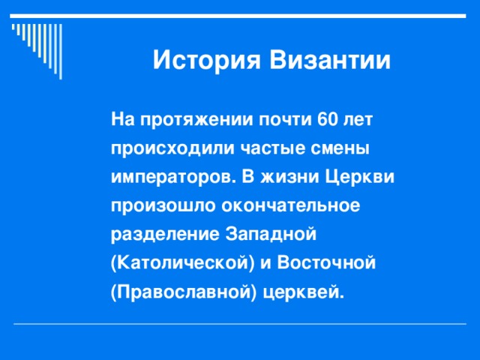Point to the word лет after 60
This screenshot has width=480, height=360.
tap(359, 119)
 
